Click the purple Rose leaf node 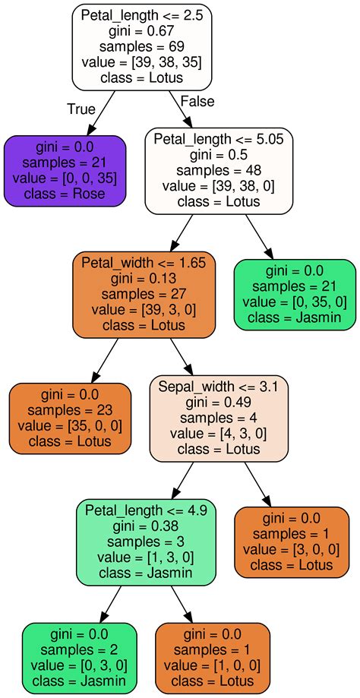(x=65, y=171)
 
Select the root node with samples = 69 (x=141, y=47)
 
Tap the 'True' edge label (x=81, y=109)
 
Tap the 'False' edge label (x=197, y=102)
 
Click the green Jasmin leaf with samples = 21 (x=295, y=295)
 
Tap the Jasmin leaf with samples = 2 (x=79, y=658)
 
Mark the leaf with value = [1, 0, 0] (x=213, y=658)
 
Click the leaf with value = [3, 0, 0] (x=292, y=541)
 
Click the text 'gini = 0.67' (x=141, y=31)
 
